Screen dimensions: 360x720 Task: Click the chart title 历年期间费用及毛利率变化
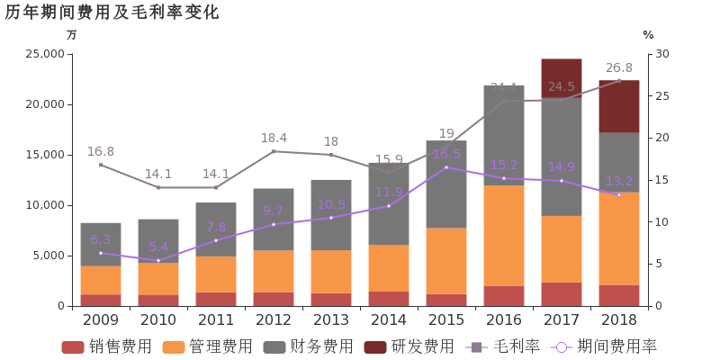click(x=112, y=13)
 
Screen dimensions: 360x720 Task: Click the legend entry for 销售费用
click(x=106, y=346)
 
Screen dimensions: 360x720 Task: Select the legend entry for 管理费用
click(x=207, y=346)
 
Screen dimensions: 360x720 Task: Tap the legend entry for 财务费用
click(x=308, y=346)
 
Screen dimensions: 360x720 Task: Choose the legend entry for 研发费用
click(x=409, y=346)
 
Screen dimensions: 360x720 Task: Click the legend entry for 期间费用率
click(x=605, y=346)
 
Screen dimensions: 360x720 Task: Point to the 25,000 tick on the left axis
click(x=43, y=54)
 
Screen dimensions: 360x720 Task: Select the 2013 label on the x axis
click(x=331, y=319)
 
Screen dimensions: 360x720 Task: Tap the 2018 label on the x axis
click(x=619, y=319)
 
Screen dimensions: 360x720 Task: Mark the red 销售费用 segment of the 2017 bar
click(x=562, y=294)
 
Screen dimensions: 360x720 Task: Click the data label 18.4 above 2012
click(x=274, y=138)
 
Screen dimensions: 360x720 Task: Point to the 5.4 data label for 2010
click(x=158, y=247)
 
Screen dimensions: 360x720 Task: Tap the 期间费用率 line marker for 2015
click(x=446, y=167)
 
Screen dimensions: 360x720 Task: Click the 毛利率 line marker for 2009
click(x=101, y=165)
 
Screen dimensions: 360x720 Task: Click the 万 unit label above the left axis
click(x=72, y=35)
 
